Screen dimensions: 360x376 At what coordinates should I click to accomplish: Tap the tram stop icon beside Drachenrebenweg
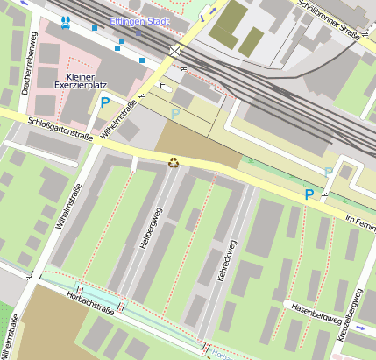pos(67,19)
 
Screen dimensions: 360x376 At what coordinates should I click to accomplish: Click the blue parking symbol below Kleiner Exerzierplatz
pos(105,102)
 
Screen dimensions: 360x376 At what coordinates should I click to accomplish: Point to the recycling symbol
pos(174,161)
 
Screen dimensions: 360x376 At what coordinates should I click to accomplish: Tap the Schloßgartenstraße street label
pos(60,128)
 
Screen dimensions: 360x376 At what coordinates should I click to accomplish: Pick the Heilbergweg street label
pos(152,230)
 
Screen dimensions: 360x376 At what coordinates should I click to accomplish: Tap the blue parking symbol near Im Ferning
pos(309,194)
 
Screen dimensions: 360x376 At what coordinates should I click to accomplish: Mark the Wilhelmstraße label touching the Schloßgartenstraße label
pos(120,121)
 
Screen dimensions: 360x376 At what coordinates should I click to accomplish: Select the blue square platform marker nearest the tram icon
pos(95,27)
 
